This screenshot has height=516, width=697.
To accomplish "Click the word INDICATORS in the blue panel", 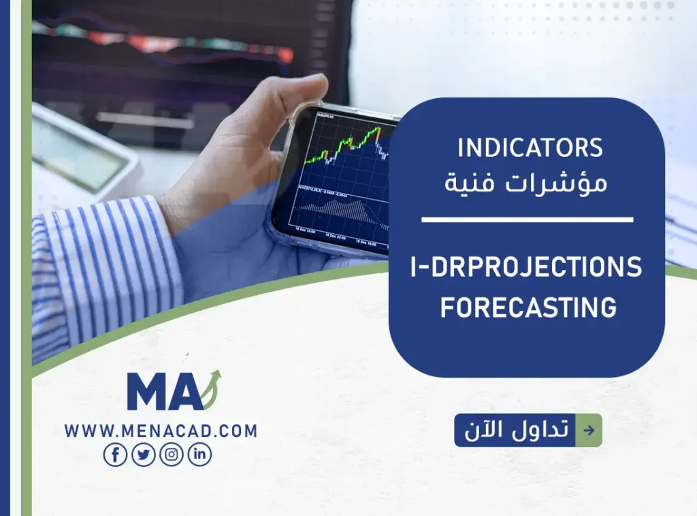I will click(x=530, y=148).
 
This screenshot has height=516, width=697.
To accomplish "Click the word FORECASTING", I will click(x=528, y=307).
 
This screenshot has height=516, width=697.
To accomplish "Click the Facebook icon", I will click(x=115, y=455).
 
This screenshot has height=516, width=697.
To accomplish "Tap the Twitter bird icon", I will click(x=144, y=455).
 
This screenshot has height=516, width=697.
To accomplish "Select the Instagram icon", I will click(x=172, y=455).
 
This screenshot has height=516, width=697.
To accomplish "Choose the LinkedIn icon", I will click(x=199, y=455).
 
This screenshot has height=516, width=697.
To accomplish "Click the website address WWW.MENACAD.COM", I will click(x=161, y=431).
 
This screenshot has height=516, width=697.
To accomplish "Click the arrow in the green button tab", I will click(x=589, y=431).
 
